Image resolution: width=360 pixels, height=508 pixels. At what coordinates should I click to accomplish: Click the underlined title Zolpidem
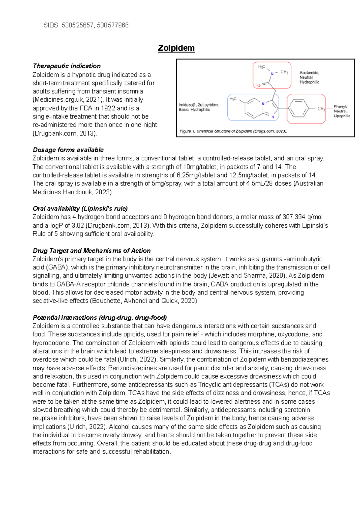(176, 48)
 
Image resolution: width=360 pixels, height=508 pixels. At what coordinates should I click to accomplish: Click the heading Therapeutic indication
(67, 66)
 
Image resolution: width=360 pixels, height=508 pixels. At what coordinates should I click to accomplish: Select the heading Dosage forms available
(68, 150)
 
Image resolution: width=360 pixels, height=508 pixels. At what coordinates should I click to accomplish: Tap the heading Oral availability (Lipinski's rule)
(80, 209)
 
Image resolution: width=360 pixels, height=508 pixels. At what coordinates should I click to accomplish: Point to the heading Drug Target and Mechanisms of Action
(91, 251)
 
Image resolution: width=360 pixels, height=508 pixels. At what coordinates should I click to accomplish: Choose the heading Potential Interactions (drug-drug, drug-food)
(100, 318)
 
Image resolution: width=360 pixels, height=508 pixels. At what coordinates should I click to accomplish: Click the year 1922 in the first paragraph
(108, 108)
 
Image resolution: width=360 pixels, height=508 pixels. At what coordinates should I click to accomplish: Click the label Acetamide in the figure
(309, 73)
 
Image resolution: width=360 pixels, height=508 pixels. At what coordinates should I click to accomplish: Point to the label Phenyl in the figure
(340, 106)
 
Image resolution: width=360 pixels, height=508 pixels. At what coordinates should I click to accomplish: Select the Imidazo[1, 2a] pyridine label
(199, 105)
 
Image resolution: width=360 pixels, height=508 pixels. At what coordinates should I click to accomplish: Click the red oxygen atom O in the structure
(259, 85)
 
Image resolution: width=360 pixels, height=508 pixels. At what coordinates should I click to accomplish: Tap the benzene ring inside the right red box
(298, 108)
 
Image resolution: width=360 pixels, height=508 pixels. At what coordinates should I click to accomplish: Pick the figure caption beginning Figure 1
(233, 131)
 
